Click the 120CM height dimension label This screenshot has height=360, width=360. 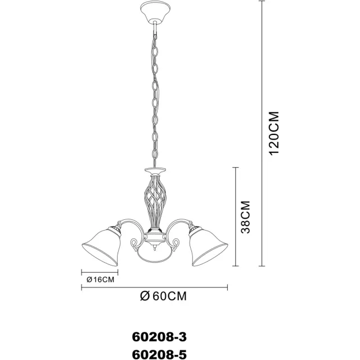(274, 133)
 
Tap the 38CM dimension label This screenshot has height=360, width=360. (245, 217)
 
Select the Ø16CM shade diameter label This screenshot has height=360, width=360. (100, 280)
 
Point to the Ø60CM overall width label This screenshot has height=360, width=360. (163, 296)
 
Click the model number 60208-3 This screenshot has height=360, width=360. (159, 337)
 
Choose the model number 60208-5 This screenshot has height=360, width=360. (159, 354)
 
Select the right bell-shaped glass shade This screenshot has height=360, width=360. (207, 246)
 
